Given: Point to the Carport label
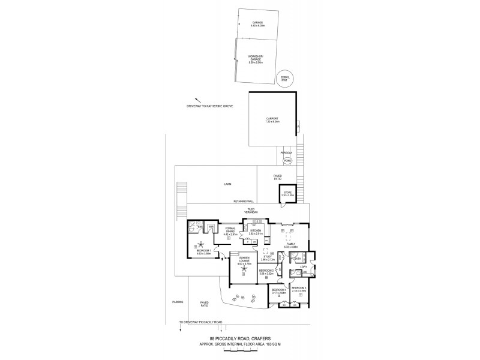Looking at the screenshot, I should [272, 119].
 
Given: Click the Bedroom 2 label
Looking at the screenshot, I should [266, 271].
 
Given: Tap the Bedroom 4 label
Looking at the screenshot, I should [278, 292].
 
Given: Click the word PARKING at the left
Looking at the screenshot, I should [177, 302].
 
